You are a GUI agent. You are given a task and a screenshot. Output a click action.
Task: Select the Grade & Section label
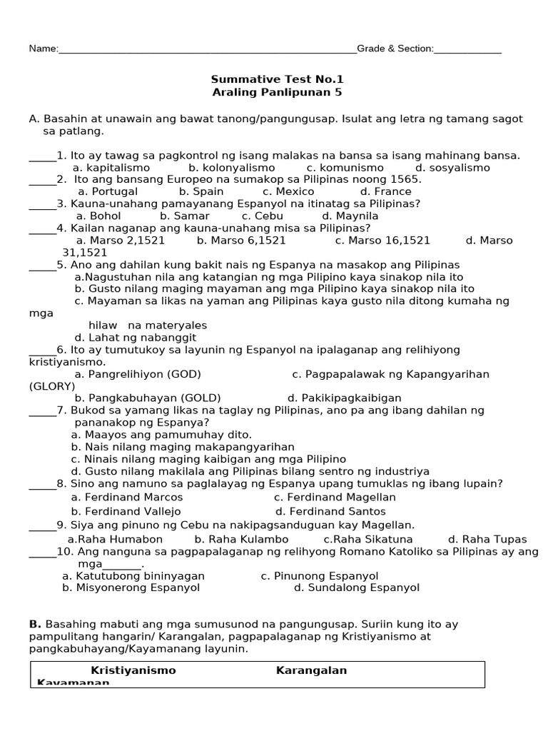(x=395, y=49)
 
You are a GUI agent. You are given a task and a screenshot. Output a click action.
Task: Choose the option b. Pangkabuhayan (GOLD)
(x=148, y=398)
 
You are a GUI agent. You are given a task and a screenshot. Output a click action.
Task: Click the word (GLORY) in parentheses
(x=52, y=386)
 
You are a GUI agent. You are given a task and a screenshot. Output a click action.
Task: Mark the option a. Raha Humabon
(x=115, y=539)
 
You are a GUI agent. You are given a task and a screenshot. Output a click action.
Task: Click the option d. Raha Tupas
(x=487, y=539)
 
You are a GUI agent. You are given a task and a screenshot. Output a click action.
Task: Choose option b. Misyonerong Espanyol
(x=131, y=588)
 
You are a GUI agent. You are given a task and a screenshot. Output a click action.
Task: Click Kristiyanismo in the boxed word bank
(x=133, y=670)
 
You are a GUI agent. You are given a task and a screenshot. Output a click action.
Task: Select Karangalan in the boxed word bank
(x=311, y=670)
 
